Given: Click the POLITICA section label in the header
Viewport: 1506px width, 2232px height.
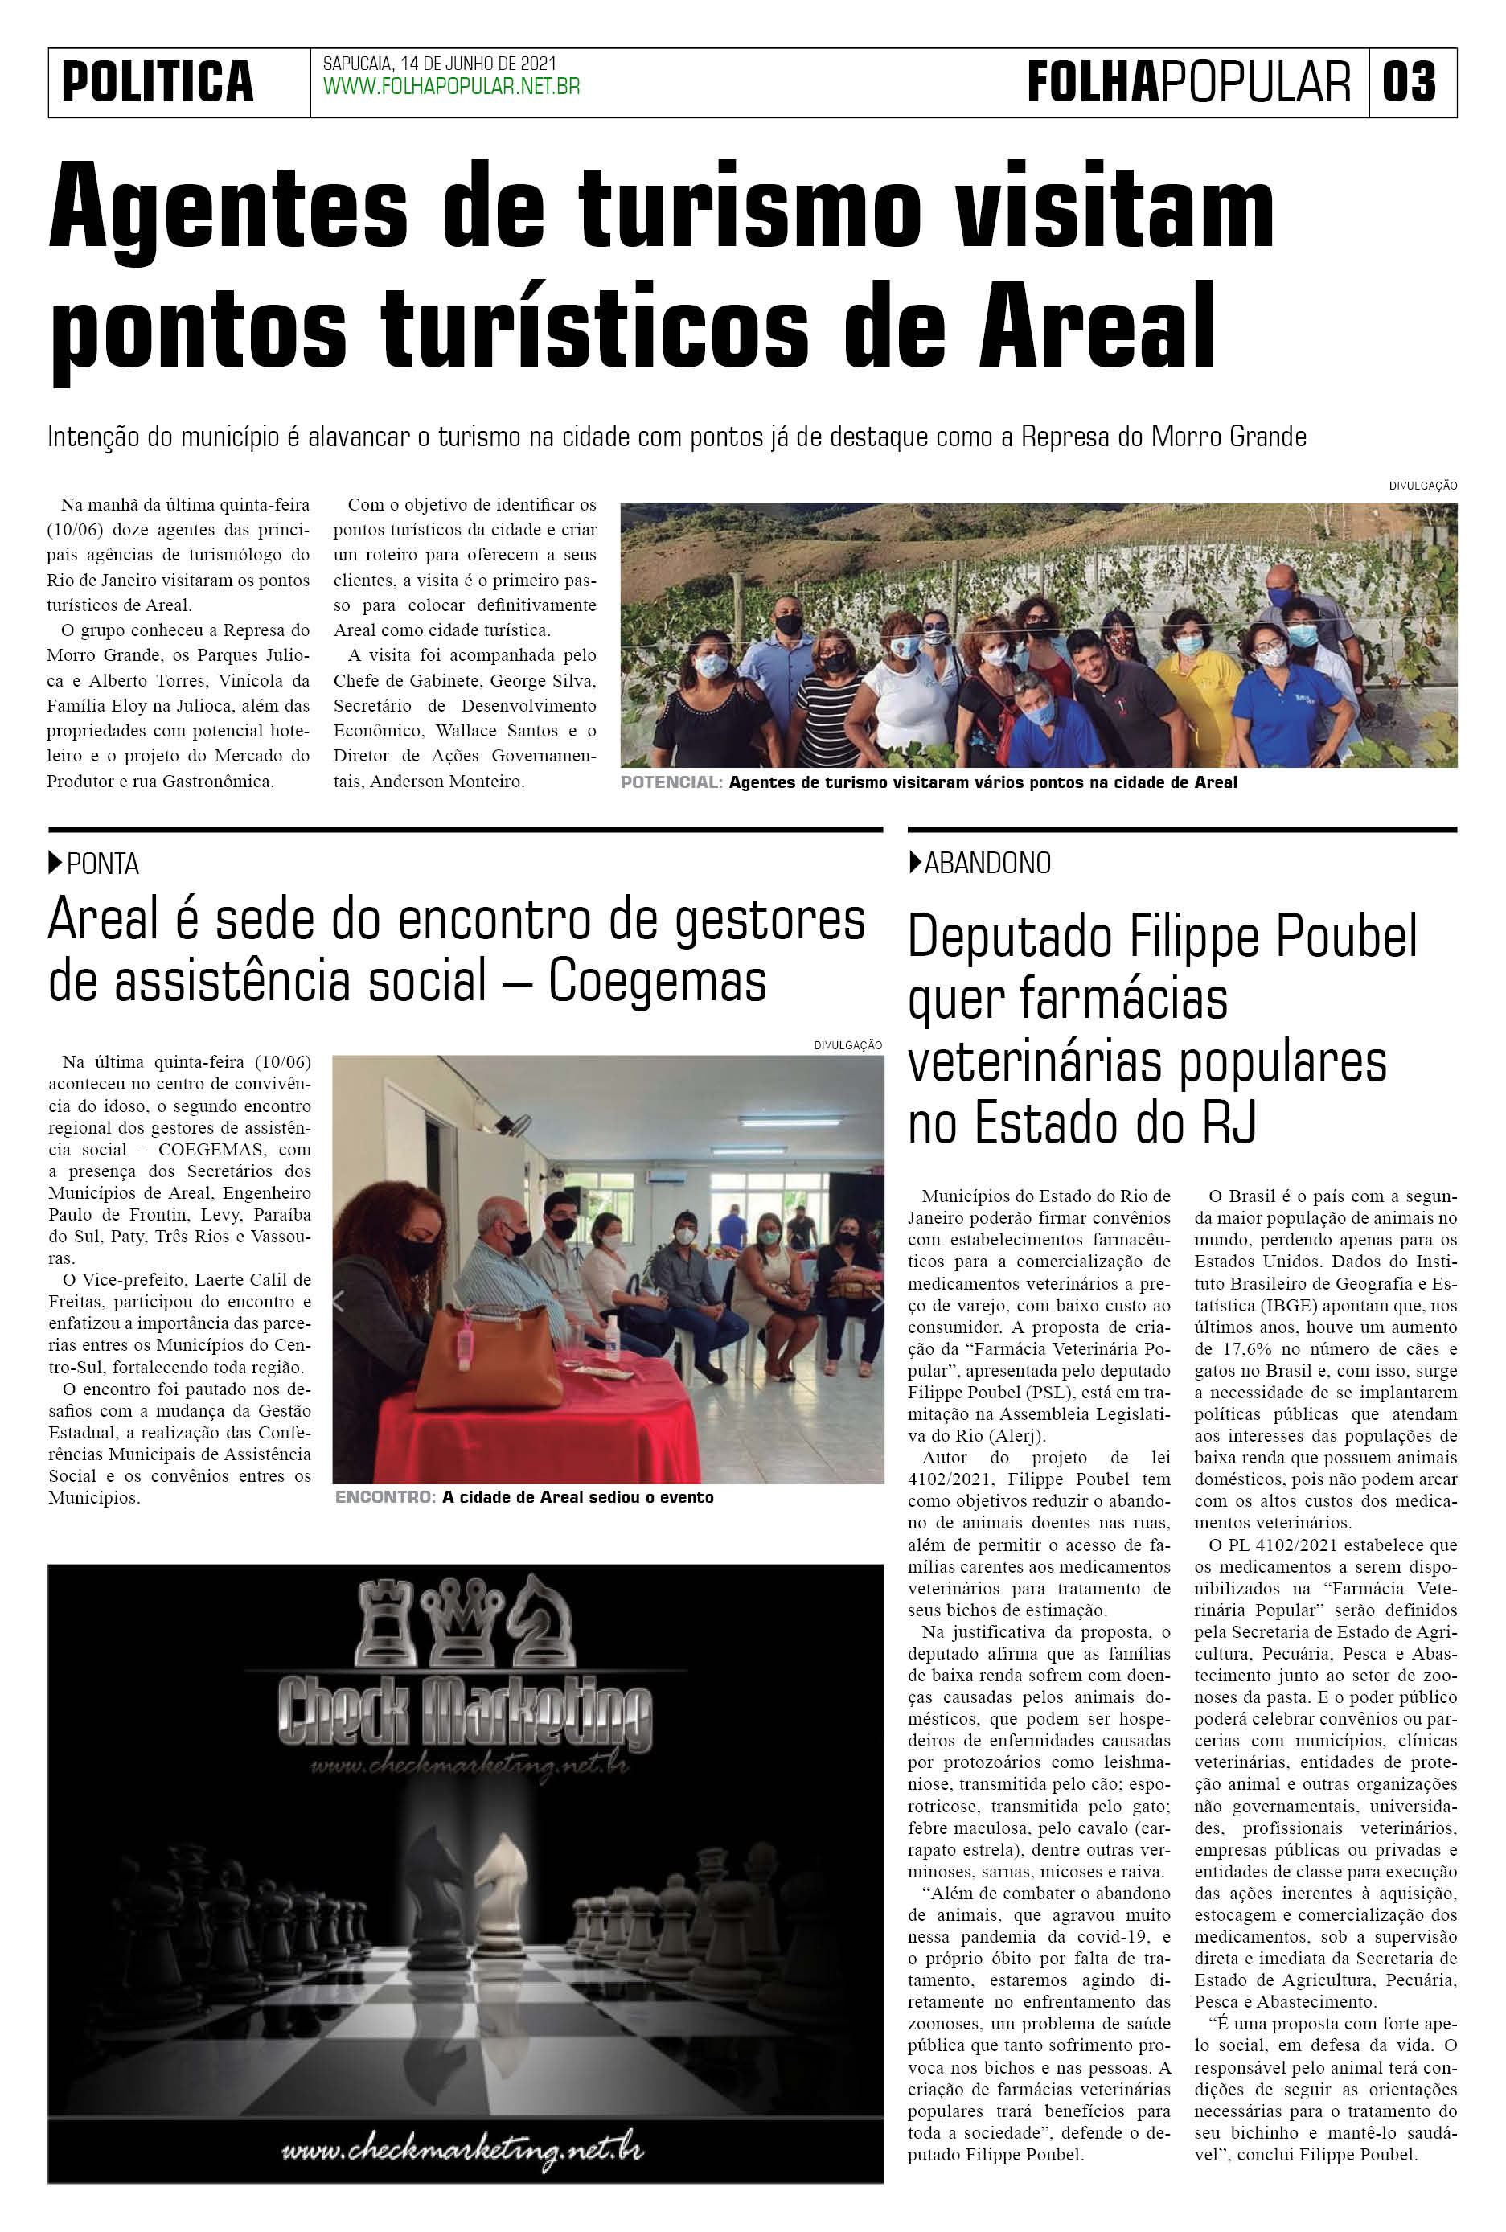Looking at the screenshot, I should tap(158, 82).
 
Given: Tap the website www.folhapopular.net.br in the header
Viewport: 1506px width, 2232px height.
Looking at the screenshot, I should tap(450, 88).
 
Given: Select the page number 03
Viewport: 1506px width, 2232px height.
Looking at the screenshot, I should tap(1409, 82).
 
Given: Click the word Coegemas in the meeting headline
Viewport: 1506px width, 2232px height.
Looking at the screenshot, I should tap(657, 982).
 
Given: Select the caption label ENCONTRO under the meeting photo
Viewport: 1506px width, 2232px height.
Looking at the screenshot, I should tap(384, 1497).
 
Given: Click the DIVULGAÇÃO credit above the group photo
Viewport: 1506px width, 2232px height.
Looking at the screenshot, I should tap(1422, 486).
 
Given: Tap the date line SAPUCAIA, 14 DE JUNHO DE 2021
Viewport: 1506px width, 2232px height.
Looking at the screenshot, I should tap(439, 64).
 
